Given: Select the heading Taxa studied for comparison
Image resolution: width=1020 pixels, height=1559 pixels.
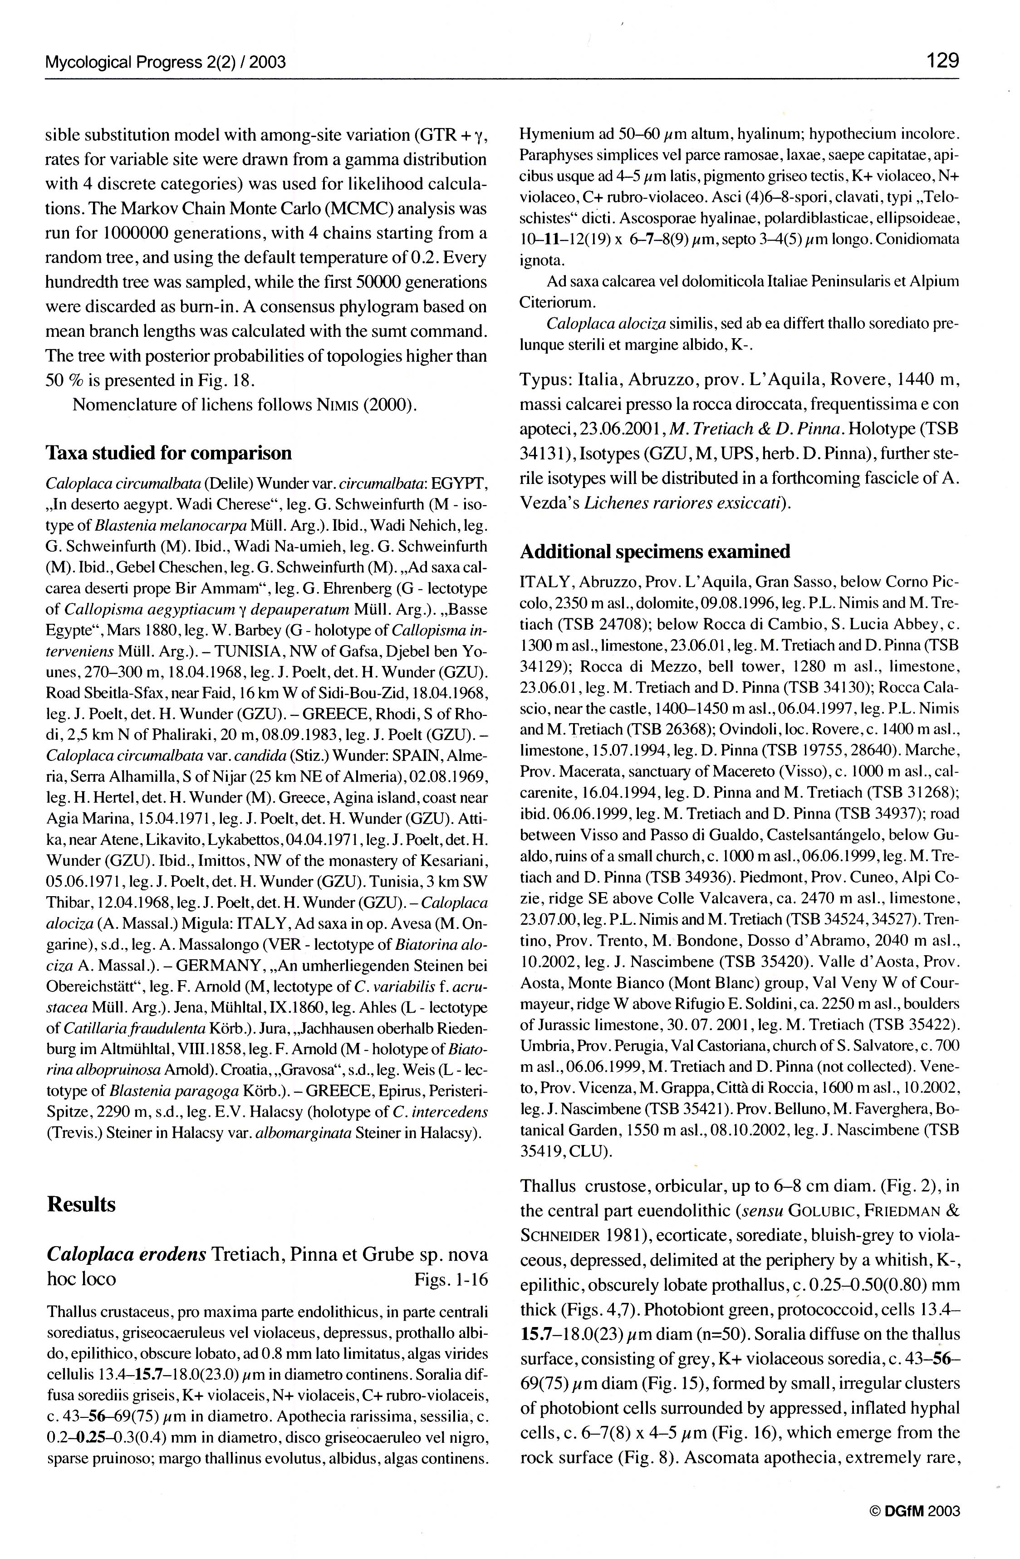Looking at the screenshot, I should pos(169,453).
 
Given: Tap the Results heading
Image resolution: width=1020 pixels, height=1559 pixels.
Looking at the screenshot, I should pos(81,1204).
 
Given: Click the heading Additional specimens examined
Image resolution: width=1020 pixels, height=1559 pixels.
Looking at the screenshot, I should pos(655,552).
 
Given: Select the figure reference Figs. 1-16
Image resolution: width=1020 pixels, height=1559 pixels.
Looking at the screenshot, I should pos(451,1279).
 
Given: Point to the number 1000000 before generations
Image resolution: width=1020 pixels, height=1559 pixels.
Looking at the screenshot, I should pos(144,233).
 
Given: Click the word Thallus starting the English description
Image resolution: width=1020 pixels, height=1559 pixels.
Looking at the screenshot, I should pos(547,1186).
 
